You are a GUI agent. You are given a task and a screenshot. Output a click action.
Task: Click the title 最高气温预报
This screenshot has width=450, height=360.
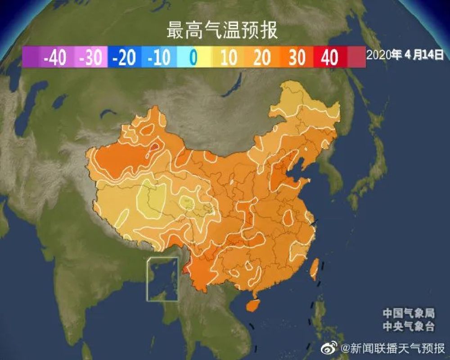pyautogui.click(x=222, y=31)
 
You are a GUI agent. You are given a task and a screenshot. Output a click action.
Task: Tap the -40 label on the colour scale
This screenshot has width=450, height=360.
pyautogui.click(x=54, y=58)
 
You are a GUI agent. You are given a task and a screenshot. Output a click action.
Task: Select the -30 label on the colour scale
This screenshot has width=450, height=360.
pyautogui.click(x=90, y=58)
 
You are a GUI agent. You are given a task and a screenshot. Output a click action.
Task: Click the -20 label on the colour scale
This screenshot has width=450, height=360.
pyautogui.click(x=124, y=58)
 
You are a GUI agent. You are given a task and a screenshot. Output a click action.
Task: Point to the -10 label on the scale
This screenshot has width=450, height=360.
pyautogui.click(x=158, y=58)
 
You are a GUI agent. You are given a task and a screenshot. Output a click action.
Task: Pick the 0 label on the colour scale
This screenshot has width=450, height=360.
pyautogui.click(x=193, y=58)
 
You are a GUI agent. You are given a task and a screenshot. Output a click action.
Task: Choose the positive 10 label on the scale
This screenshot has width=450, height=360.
pyautogui.click(x=229, y=58)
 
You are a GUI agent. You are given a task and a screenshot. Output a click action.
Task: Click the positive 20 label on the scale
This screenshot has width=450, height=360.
pyautogui.click(x=262, y=58)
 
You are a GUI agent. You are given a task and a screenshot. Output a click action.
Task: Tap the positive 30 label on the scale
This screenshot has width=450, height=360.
pyautogui.click(x=297, y=58)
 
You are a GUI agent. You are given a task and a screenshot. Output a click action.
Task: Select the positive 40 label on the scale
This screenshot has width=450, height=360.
pyautogui.click(x=330, y=58)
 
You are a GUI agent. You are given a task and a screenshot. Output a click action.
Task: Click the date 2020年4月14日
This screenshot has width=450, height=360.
pyautogui.click(x=405, y=55)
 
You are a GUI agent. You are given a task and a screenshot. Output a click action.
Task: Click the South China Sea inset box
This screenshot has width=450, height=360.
pyautogui.click(x=162, y=279)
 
